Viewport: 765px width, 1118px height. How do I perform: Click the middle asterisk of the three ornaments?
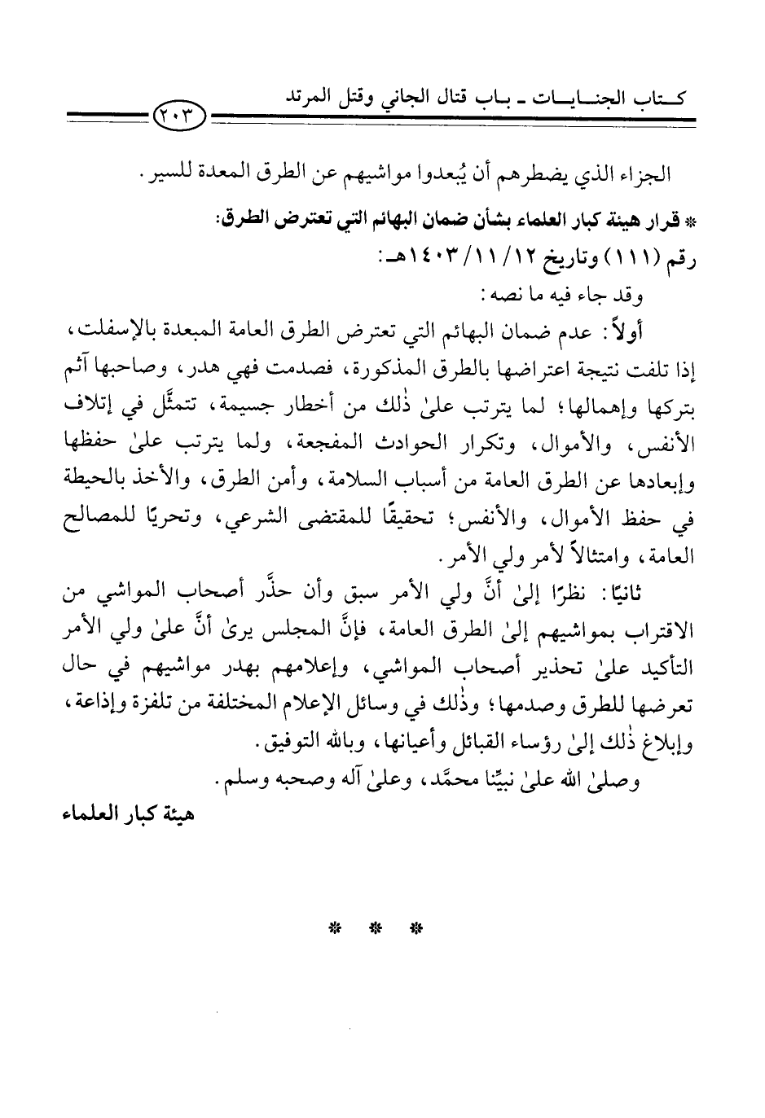(x=376, y=928)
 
